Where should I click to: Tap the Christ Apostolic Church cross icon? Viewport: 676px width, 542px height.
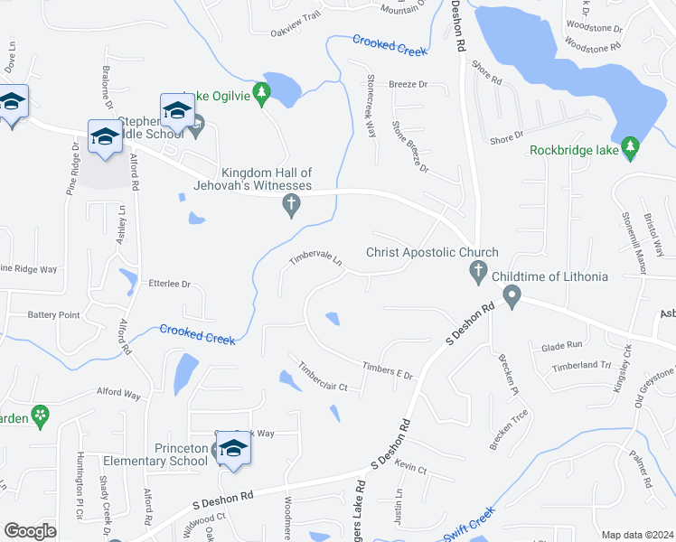point(479,271)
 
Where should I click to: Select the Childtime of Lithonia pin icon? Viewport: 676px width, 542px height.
point(512,296)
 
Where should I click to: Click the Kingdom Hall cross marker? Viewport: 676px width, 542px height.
point(291,207)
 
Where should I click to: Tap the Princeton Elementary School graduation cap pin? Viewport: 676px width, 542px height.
point(233,450)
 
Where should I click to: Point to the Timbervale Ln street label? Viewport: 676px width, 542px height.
point(315,260)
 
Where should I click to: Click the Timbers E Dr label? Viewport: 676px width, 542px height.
point(386,370)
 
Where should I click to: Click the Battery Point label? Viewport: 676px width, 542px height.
point(53,315)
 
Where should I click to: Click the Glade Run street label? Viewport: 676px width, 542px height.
point(561,346)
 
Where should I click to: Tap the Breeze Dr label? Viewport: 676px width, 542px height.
point(408,84)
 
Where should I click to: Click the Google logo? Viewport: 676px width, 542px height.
point(29,530)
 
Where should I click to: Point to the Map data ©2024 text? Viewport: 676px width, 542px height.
point(637,535)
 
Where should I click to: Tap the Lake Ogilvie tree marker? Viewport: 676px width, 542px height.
point(262,94)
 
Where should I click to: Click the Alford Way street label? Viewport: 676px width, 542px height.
point(119,395)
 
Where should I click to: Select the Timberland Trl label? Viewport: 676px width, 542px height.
point(582,366)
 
